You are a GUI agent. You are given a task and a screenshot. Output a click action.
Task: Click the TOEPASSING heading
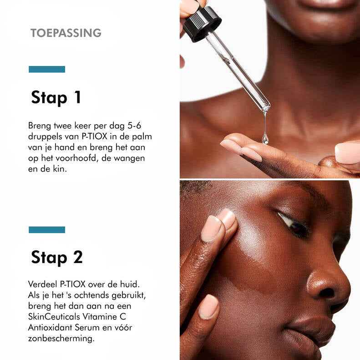point(66,33)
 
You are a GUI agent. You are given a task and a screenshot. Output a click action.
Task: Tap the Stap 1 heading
point(56,97)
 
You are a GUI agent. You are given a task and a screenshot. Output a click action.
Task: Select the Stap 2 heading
point(57,257)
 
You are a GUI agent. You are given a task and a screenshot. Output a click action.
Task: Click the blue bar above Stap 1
point(47,69)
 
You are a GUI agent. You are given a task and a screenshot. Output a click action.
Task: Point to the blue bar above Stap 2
point(47,229)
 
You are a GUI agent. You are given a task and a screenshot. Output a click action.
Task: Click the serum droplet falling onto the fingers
point(265,139)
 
